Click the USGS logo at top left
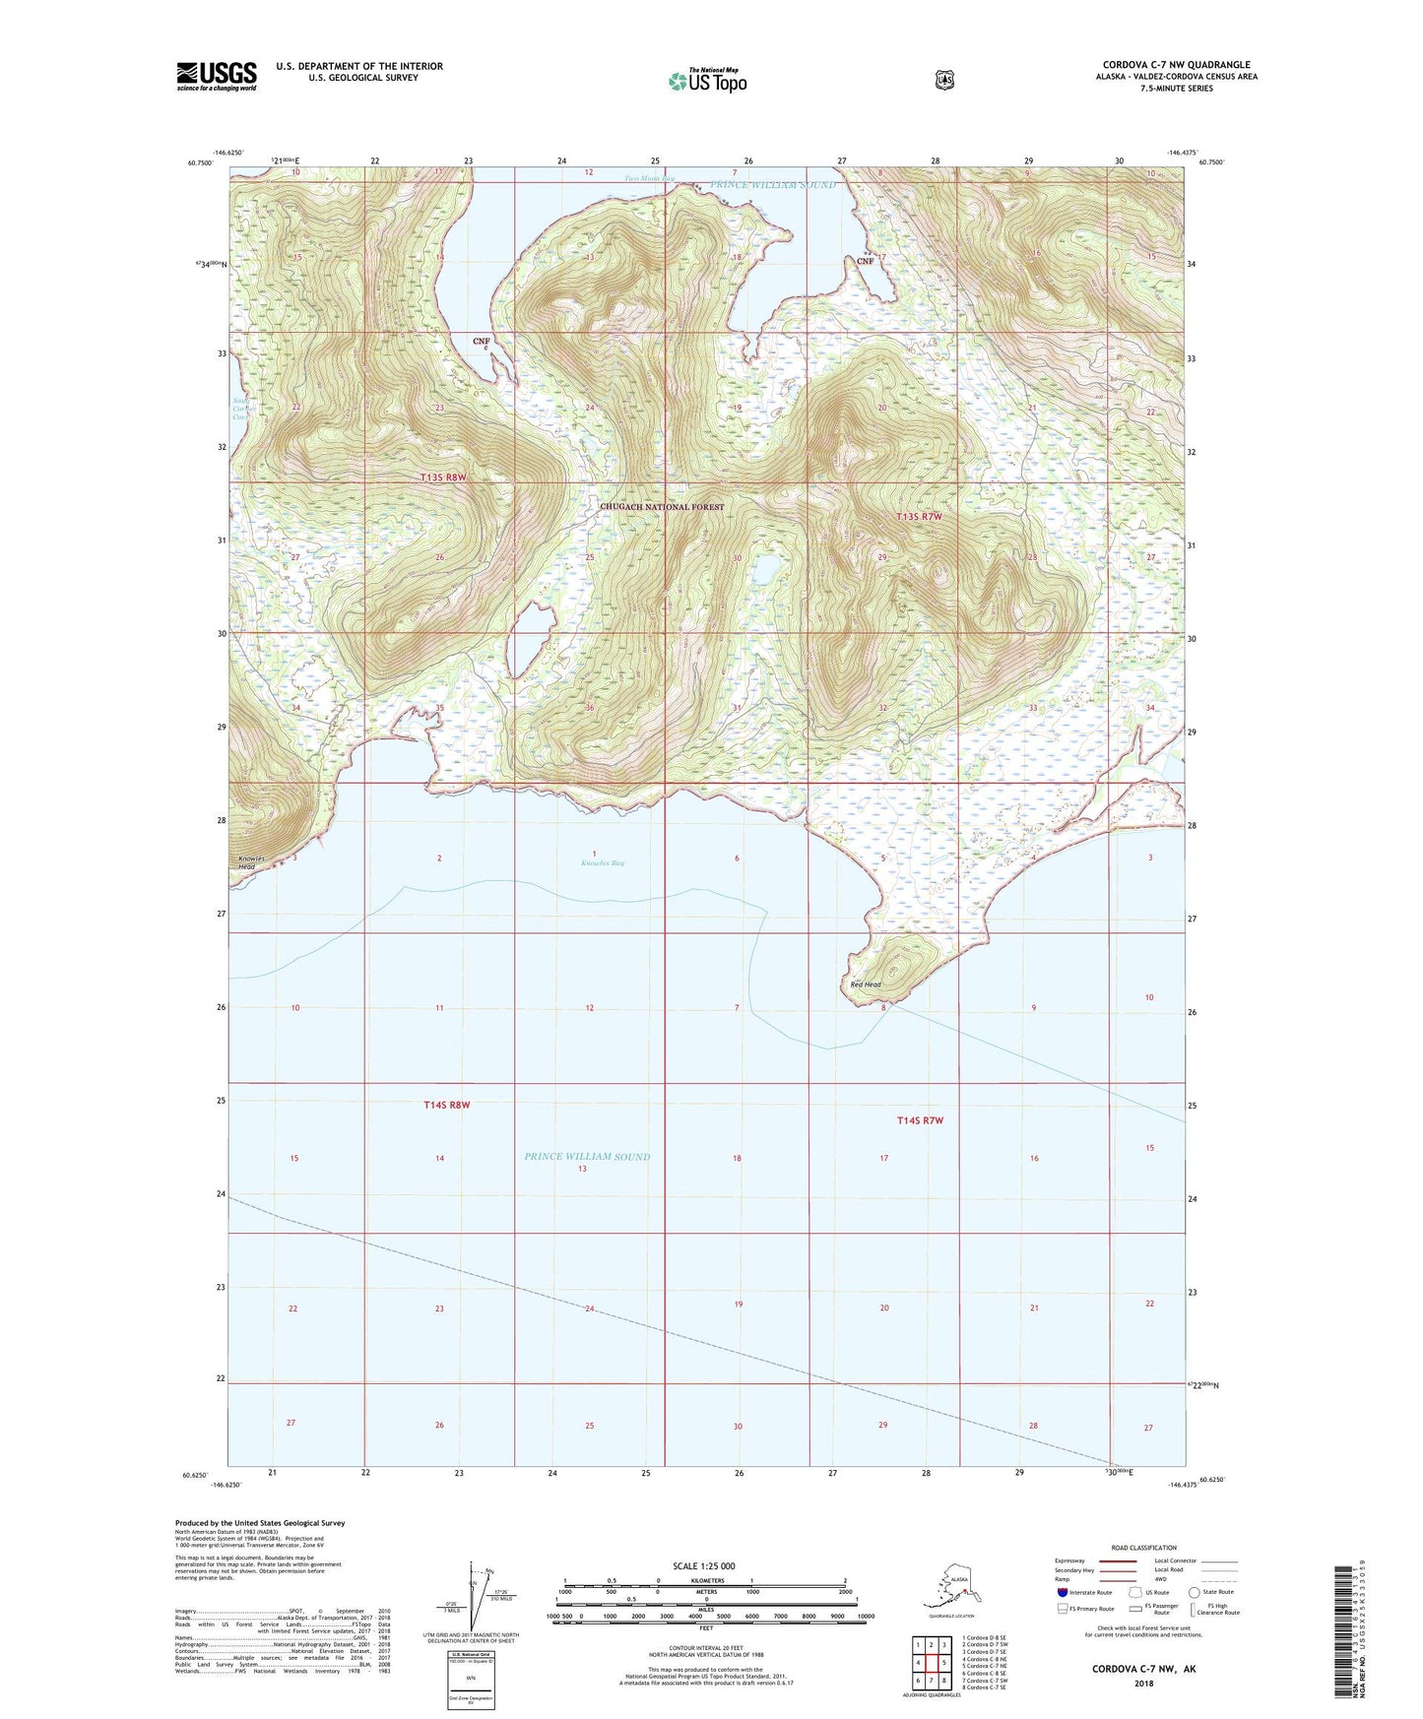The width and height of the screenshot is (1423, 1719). click(217, 76)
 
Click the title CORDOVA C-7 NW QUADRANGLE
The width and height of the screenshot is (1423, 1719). click(1176, 65)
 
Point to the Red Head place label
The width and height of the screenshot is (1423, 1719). click(866, 985)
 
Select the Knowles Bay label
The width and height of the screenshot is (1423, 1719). click(602, 863)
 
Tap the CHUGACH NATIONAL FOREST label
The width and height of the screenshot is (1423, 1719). click(662, 507)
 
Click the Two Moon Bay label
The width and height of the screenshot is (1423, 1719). click(649, 179)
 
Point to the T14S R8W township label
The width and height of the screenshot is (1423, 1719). click(446, 1105)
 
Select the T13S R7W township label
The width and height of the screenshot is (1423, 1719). click(919, 516)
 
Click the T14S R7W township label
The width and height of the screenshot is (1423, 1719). click(920, 1120)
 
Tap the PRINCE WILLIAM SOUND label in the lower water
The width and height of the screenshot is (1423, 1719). click(587, 1157)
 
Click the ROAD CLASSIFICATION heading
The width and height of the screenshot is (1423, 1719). click(1143, 1548)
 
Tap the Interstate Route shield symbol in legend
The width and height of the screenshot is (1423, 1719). click(1063, 1592)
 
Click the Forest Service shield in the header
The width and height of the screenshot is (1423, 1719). click(944, 80)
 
